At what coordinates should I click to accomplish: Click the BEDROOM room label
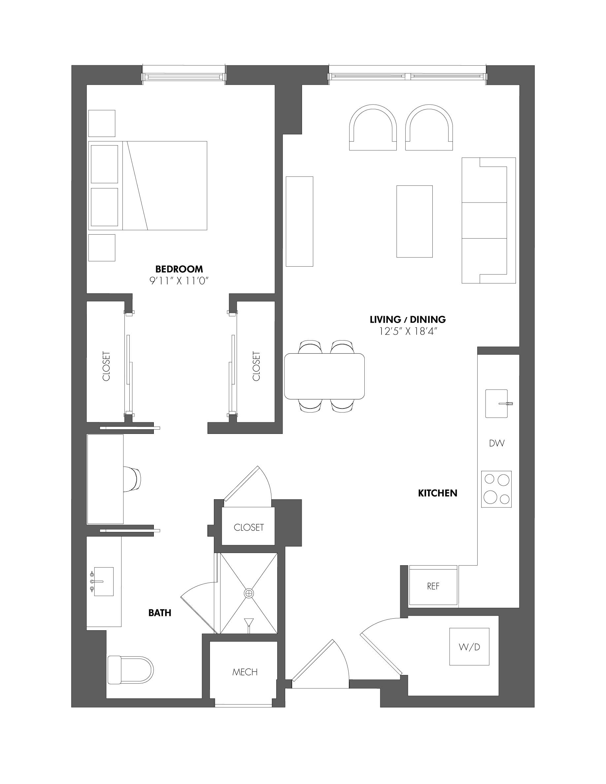pos(179,269)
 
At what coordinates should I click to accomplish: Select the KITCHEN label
pos(437,493)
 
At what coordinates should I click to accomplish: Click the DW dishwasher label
pos(496,443)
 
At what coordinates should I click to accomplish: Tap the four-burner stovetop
pos(496,489)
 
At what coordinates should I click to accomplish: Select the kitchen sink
pos(496,404)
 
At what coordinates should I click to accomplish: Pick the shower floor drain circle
pos(249,593)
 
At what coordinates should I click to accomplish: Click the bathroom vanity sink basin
pos(103,581)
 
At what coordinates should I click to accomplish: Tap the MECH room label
pos(245,672)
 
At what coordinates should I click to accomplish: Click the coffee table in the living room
pos(414,221)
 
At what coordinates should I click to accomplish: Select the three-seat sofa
pos(488,220)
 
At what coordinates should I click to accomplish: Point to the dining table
pos(324,376)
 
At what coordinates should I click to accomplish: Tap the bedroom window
pos(184,76)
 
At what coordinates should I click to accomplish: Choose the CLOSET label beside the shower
pos(249,527)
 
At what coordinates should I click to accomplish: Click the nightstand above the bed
pos(102,123)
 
